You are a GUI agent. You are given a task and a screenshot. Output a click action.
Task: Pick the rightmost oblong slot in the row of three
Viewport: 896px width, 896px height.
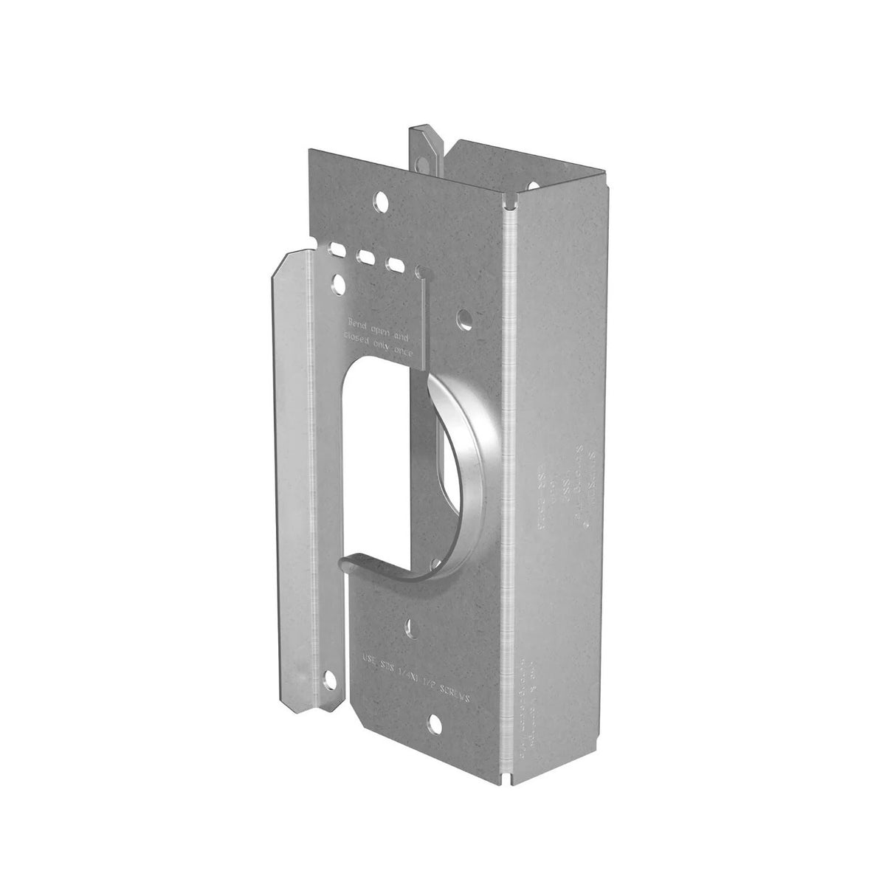396,266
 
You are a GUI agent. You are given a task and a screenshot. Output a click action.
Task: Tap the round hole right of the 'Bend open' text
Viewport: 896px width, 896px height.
464,318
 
